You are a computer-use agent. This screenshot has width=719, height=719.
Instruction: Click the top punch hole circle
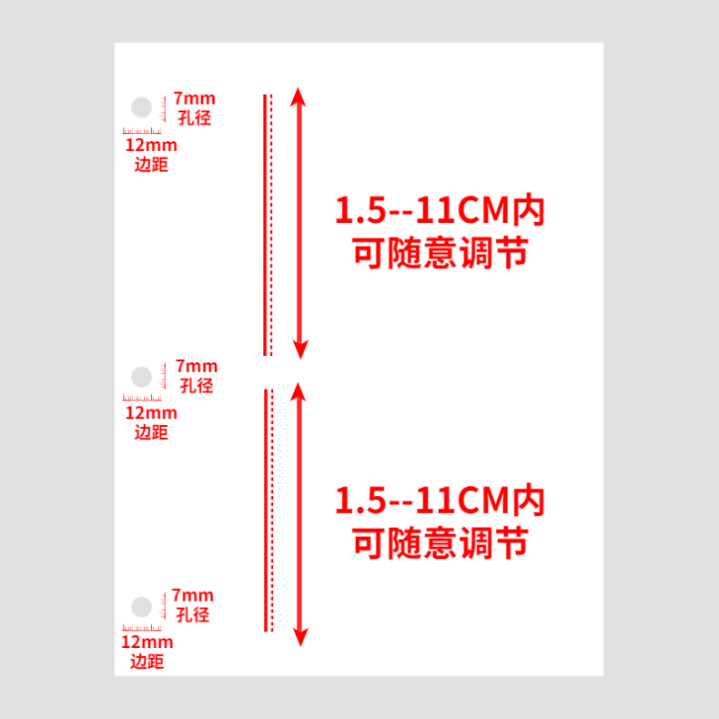click(141, 107)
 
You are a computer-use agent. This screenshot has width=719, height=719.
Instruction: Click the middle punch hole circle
click(141, 377)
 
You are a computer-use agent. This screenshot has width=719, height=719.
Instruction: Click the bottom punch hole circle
click(141, 606)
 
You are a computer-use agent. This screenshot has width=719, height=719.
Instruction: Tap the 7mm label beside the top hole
click(195, 98)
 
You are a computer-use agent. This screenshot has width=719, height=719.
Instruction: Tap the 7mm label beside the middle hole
click(195, 366)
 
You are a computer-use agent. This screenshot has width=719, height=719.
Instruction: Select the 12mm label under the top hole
click(151, 145)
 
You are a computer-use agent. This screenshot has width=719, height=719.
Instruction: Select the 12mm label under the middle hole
click(151, 412)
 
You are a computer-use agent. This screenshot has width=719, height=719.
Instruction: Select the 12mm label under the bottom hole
click(147, 642)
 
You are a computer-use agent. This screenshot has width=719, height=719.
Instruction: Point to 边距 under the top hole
click(151, 165)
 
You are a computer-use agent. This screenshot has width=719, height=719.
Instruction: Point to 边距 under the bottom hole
click(147, 662)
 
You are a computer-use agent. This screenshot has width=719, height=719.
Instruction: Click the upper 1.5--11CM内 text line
click(440, 211)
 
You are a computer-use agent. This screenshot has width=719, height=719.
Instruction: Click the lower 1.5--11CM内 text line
click(440, 500)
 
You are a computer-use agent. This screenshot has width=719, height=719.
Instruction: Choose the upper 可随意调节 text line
click(440, 253)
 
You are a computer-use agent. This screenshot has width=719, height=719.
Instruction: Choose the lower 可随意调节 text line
click(440, 542)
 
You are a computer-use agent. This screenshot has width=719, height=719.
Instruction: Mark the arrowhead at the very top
click(300, 96)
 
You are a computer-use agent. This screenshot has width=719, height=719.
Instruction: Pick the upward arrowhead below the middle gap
click(300, 391)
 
